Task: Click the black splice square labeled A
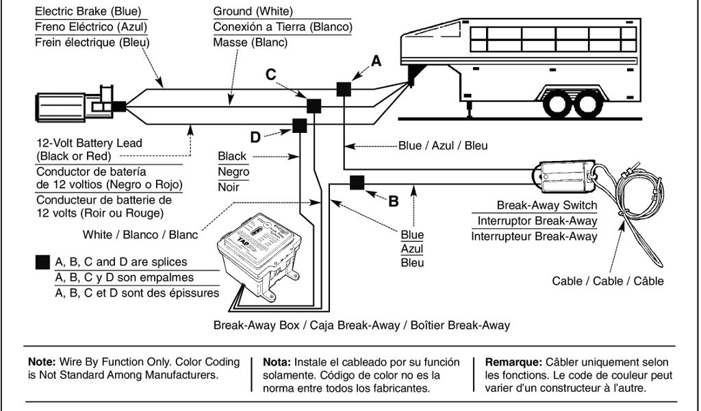pos(343,89)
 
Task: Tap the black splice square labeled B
pos(357,182)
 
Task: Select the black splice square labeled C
pos(314,106)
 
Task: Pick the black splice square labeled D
pos(299,125)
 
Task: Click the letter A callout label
pos(375,62)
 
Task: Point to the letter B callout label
pos(393,201)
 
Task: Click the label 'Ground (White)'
pos(253,12)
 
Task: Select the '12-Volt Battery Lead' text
pos(89,143)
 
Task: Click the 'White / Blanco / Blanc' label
pos(140,234)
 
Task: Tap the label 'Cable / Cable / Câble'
pos(608,281)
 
